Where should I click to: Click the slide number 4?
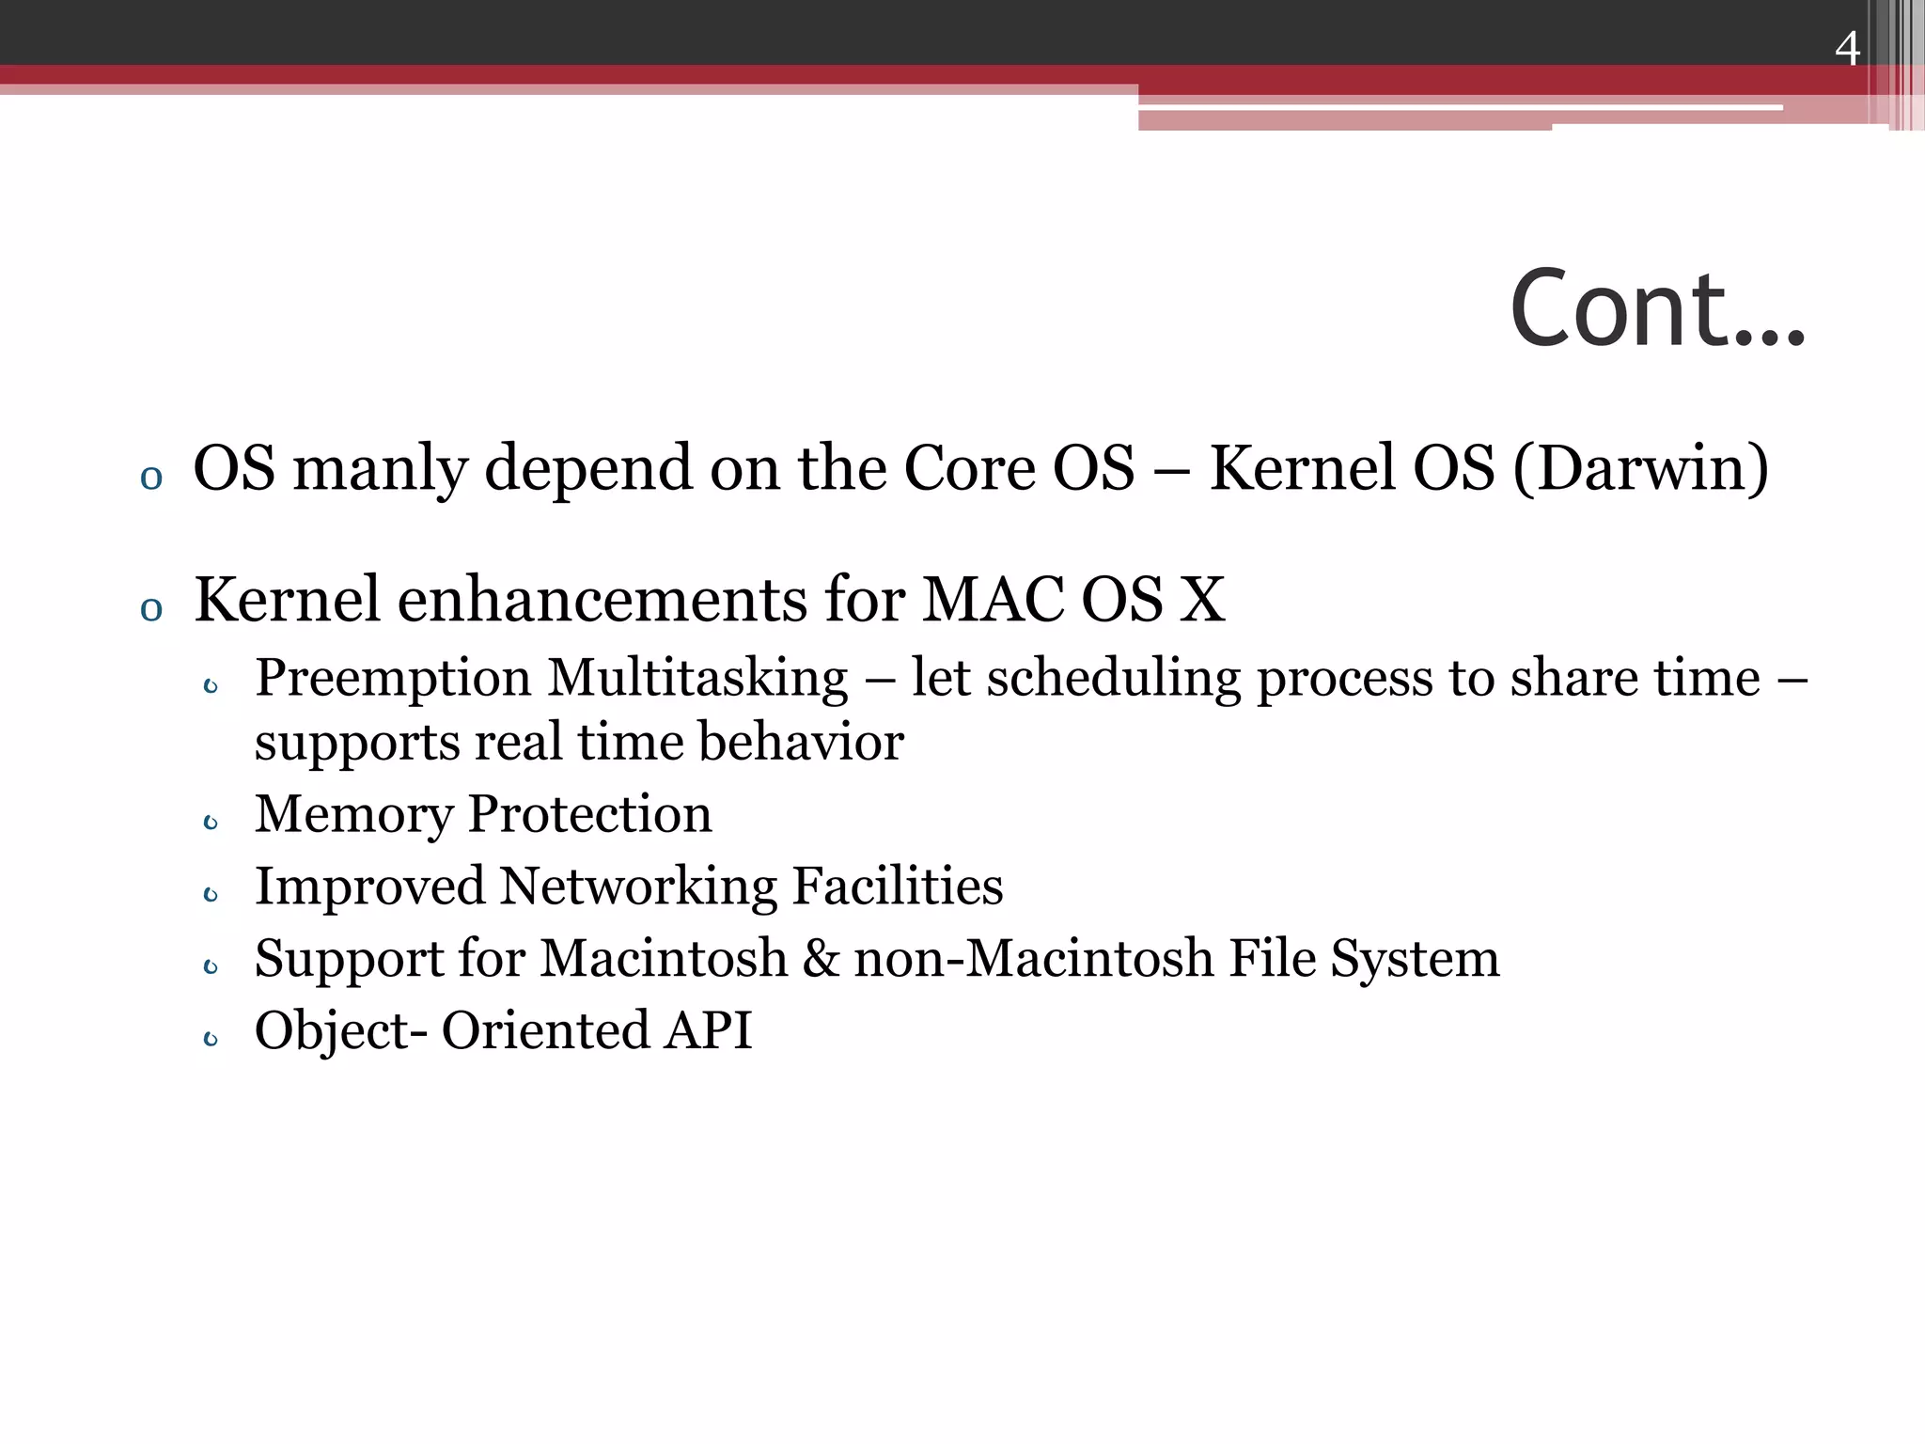[x=1847, y=48]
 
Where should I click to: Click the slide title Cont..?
[x=1656, y=309]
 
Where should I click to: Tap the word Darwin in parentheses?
[x=1640, y=468]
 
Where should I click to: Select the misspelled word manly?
[x=381, y=468]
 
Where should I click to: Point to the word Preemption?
[x=393, y=679]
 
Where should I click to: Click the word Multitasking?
[x=697, y=679]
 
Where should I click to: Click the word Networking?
[x=638, y=887]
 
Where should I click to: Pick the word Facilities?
[x=898, y=887]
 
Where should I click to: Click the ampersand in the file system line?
[x=821, y=959]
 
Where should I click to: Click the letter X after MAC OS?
[x=1202, y=600]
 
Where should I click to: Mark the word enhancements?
[x=603, y=600]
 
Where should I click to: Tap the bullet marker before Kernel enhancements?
[x=150, y=609]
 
